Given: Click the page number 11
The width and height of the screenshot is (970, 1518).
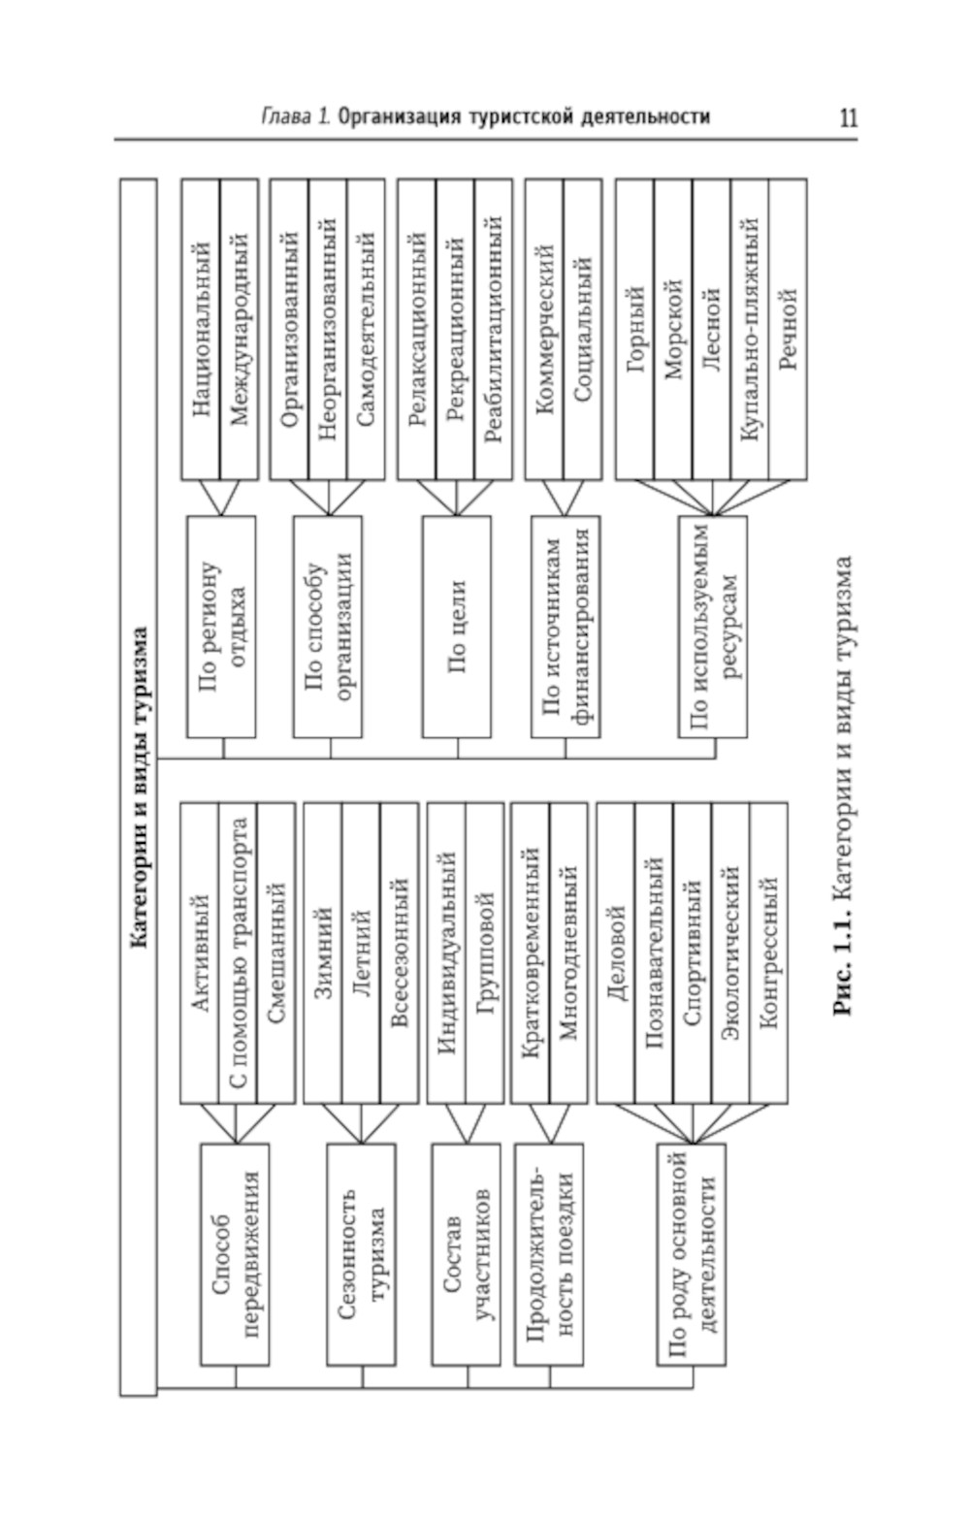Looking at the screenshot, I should pos(848,118).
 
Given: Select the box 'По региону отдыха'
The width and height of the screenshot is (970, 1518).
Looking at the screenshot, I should pos(221,626).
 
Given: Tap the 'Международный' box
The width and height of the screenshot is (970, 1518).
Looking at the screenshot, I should pos(240,329).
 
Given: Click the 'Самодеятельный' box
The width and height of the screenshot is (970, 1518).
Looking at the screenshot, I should pos(365,329).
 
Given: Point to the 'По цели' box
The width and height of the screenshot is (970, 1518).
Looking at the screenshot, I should pos(457,626).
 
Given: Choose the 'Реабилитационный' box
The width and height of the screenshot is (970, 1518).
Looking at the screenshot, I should pos(493,329).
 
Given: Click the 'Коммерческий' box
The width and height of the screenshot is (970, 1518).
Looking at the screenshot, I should pos(544,329).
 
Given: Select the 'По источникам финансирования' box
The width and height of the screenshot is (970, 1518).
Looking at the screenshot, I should pos(566,626).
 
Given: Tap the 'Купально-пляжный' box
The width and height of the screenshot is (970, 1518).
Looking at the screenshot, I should pos(749,329).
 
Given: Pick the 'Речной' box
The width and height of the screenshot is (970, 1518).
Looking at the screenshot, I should pos(787,329).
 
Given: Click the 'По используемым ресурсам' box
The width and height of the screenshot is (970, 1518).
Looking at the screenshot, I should pos(713,626).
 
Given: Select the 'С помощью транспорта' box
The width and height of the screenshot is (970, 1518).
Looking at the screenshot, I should pos(238,953).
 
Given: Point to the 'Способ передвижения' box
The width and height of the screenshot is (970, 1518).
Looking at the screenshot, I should pos(235,1254).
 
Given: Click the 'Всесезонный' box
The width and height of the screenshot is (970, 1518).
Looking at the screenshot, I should pos(399,953).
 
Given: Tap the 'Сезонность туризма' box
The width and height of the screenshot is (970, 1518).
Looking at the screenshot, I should pos(361,1254).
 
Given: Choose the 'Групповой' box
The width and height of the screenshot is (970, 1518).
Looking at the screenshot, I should pos(484,953).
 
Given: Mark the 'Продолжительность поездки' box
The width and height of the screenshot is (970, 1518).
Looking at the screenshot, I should pos(549,1254).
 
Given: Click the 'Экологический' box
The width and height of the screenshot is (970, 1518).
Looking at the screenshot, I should pos(730,953).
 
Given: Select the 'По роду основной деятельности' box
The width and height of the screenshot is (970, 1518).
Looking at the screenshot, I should pos(692,1254).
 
